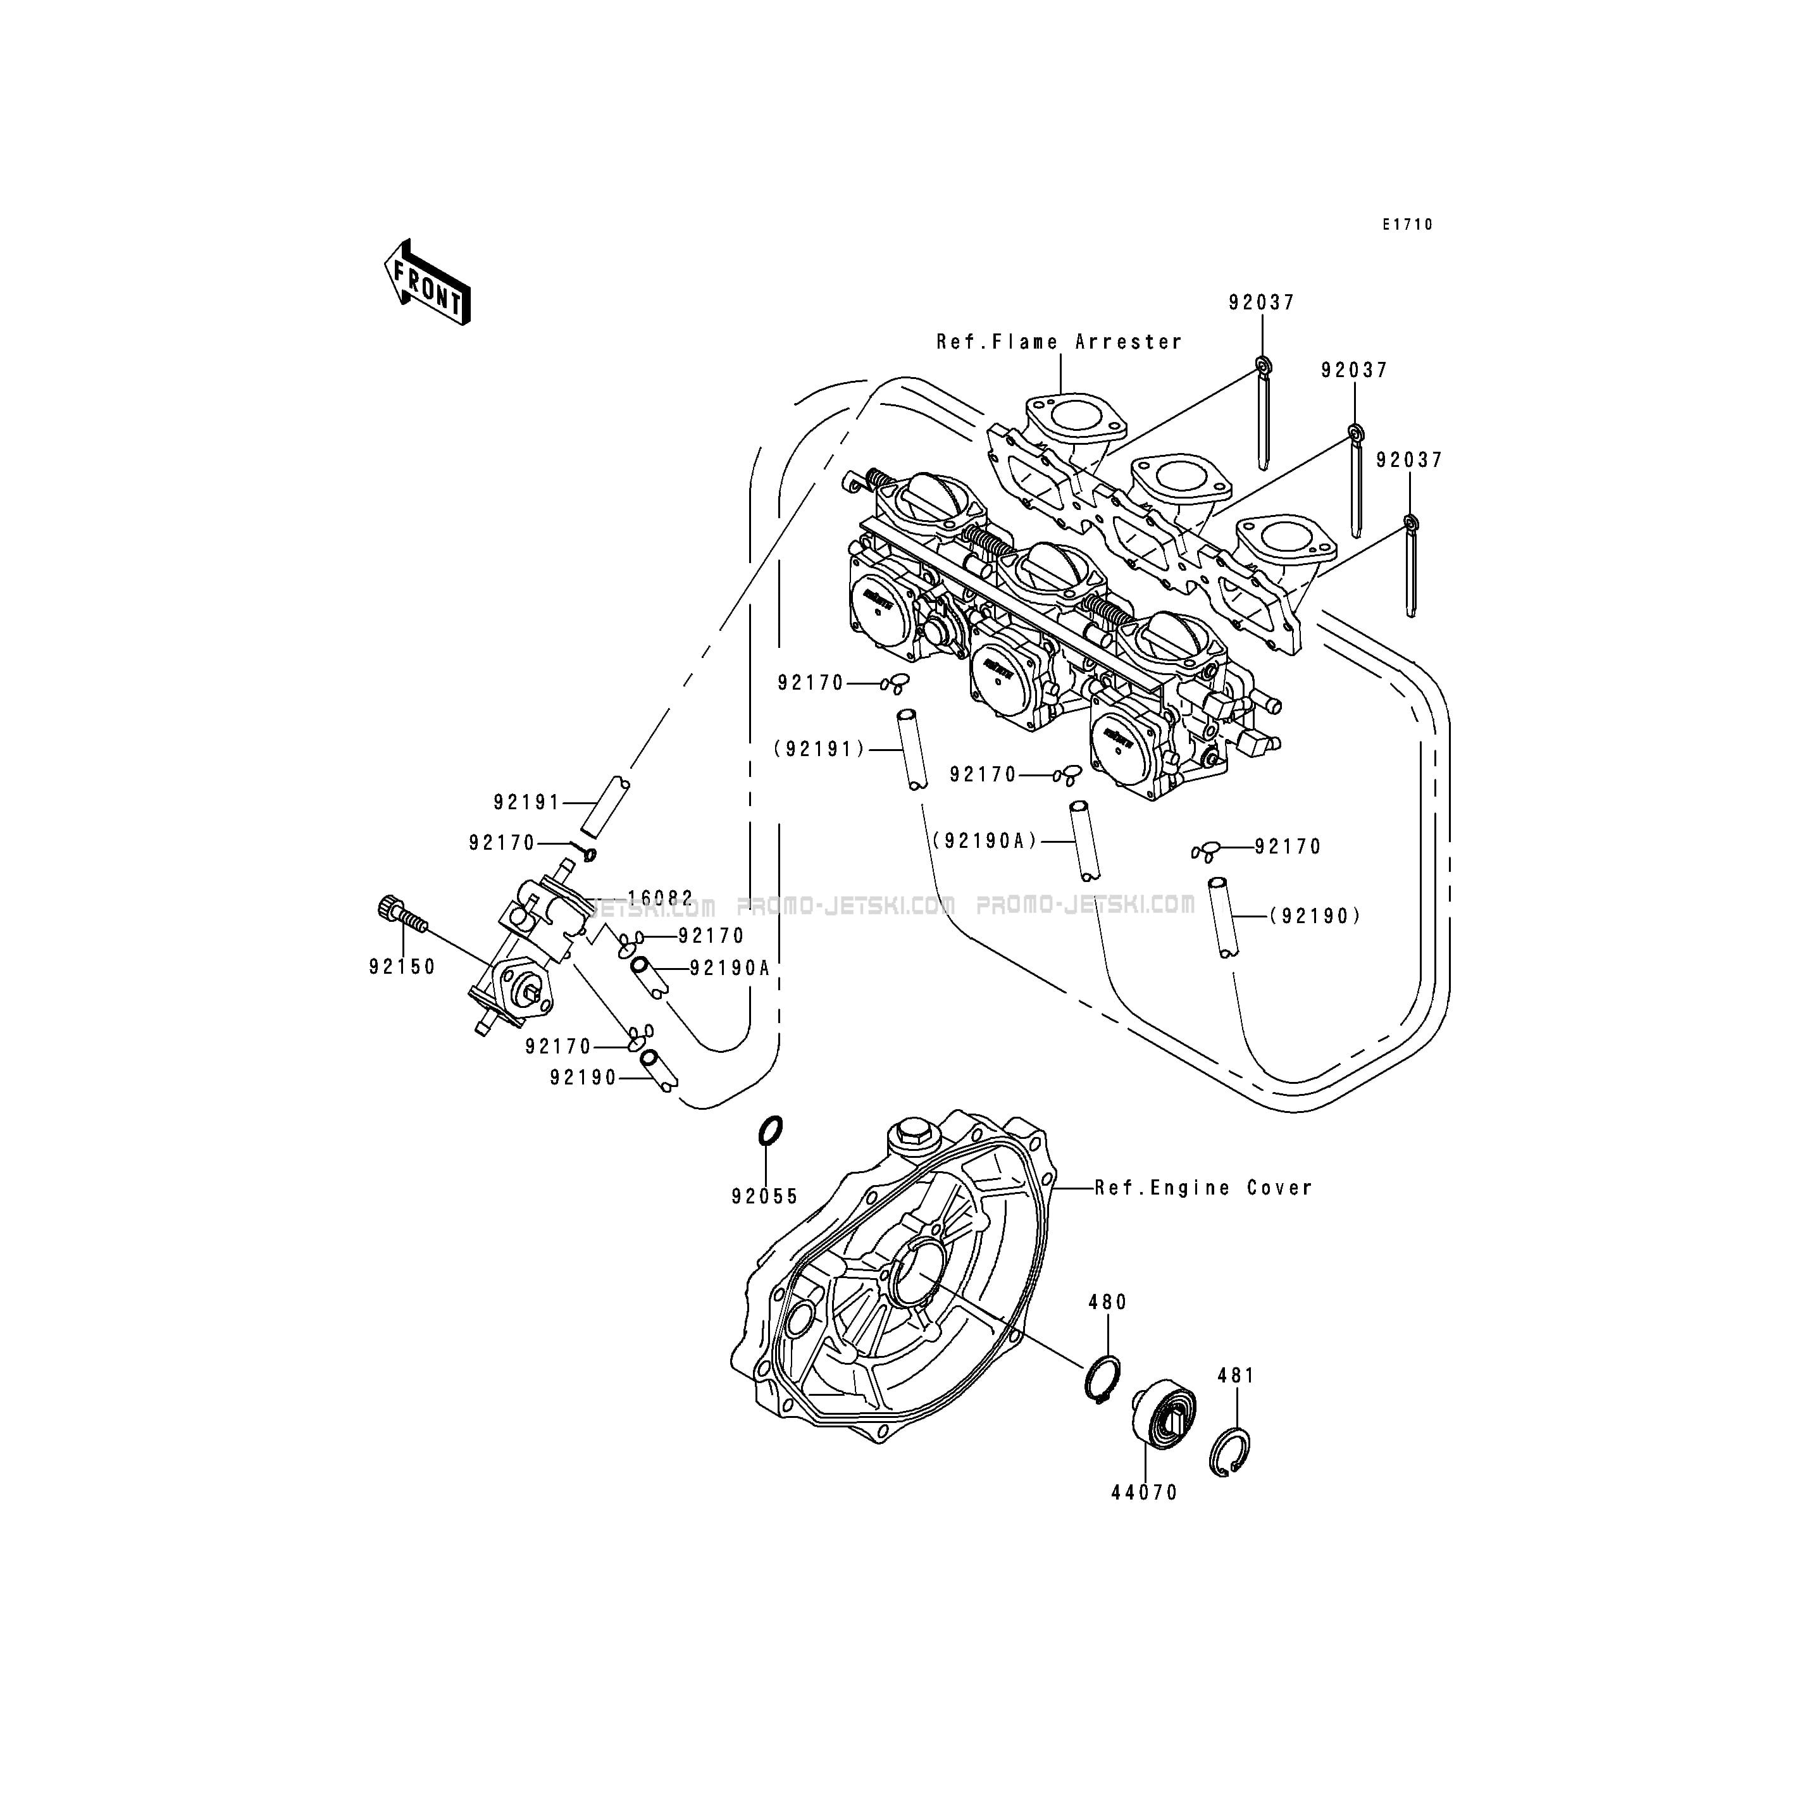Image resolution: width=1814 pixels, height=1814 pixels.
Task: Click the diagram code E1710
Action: [1407, 225]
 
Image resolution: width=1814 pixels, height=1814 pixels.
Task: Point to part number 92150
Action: [402, 967]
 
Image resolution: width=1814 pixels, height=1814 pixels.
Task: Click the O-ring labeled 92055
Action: [770, 1131]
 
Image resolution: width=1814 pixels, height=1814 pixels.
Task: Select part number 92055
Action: [765, 1197]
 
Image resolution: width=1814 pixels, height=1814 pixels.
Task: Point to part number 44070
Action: [1145, 1493]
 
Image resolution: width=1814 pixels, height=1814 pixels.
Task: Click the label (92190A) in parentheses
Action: [986, 842]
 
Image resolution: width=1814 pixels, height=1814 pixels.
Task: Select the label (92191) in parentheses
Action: [819, 749]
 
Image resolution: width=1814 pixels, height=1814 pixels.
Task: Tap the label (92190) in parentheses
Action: [1315, 916]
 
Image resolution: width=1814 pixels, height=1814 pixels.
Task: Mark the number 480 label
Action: [1108, 1302]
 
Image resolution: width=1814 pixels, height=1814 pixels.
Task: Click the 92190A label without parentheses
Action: [730, 968]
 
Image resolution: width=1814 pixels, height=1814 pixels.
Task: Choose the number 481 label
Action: [1236, 1376]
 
